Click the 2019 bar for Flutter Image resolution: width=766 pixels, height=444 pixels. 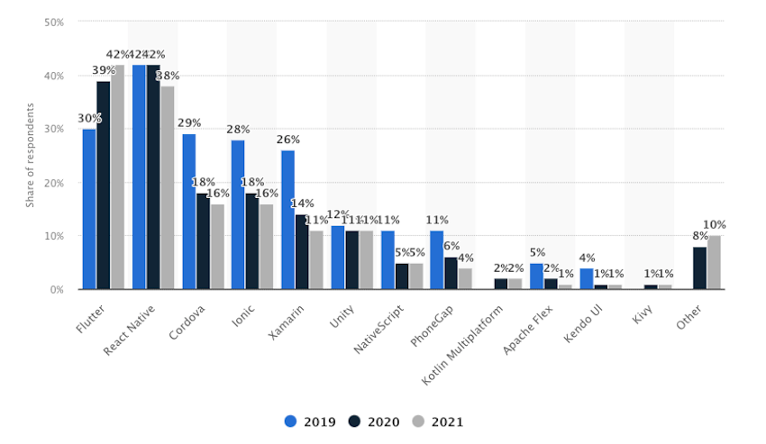click(89, 209)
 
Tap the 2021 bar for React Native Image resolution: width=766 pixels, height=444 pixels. click(167, 187)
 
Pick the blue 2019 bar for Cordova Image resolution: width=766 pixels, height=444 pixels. click(189, 212)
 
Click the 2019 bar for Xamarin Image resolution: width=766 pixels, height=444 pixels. click(287, 220)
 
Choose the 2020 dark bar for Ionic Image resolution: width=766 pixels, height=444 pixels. click(252, 241)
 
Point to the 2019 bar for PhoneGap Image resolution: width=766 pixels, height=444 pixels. click(436, 260)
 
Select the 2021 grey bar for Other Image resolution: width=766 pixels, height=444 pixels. click(714, 263)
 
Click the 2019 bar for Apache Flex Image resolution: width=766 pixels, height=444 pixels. click(536, 276)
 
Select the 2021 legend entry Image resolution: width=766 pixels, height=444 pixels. click(433, 421)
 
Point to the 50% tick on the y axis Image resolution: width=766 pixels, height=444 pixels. click(54, 22)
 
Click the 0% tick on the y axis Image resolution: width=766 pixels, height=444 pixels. click(57, 289)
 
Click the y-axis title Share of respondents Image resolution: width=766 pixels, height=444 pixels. click(30, 155)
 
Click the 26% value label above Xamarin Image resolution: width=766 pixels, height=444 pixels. click(288, 140)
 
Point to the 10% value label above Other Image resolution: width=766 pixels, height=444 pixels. click(715, 224)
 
